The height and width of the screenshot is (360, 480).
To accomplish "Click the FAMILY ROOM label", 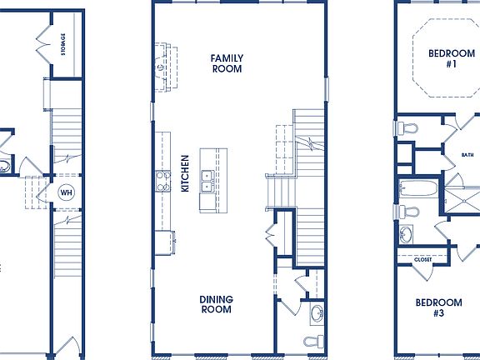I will pos(226,63).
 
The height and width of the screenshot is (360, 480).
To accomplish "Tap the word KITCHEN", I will pos(185,173).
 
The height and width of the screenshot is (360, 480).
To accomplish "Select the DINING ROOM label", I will pos(216,304).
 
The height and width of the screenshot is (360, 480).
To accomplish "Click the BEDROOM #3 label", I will pos(438,307).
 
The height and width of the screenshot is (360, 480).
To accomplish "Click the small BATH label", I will pos(467,155).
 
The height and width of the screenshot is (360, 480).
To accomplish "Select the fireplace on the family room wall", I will pos(160,64).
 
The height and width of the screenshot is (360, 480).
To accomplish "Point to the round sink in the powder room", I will pos(317,314).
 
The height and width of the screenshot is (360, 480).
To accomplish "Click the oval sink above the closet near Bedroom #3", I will pos(407,233).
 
